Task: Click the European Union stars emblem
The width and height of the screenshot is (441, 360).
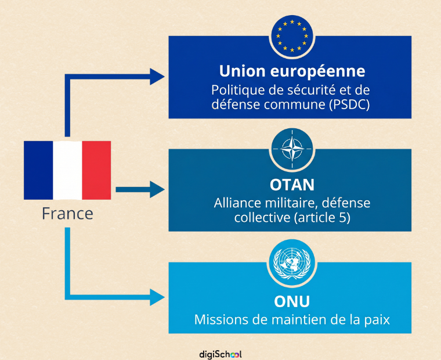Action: pos(292,36)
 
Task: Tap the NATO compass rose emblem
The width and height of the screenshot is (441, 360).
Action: pos(292,149)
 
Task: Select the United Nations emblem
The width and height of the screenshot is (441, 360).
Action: pos(292,263)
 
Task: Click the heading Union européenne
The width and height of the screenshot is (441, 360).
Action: pos(292,71)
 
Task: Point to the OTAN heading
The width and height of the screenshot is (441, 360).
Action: pos(292,185)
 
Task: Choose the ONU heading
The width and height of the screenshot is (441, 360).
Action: pos(292,301)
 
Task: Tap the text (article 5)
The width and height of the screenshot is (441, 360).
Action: pos(321,218)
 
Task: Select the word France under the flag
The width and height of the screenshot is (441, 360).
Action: pos(67,214)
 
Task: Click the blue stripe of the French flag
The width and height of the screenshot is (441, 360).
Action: pos(38,170)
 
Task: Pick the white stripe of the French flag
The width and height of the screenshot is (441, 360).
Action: pos(67,170)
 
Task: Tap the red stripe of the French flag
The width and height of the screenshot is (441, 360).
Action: pos(96,170)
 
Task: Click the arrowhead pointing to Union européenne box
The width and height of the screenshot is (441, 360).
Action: pos(157,76)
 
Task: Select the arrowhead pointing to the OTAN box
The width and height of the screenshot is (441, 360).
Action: pos(157,189)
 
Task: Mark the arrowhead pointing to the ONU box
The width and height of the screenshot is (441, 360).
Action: pos(157,297)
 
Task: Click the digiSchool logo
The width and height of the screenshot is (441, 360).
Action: pos(220,354)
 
